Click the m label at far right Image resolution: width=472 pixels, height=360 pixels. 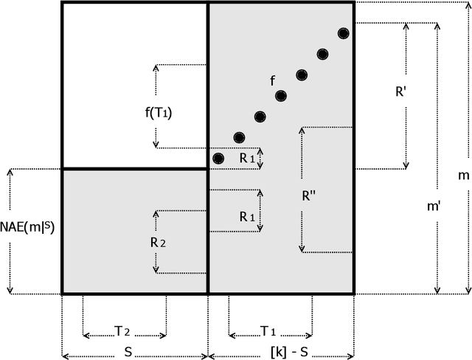click(x=463, y=176)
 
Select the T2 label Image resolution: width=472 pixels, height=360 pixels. click(x=125, y=332)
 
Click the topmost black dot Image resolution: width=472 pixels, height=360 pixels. click(x=344, y=33)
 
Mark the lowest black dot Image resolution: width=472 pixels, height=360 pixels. click(x=218, y=158)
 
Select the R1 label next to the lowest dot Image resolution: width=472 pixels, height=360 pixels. click(x=248, y=157)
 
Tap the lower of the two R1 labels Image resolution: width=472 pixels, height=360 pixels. click(x=248, y=218)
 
